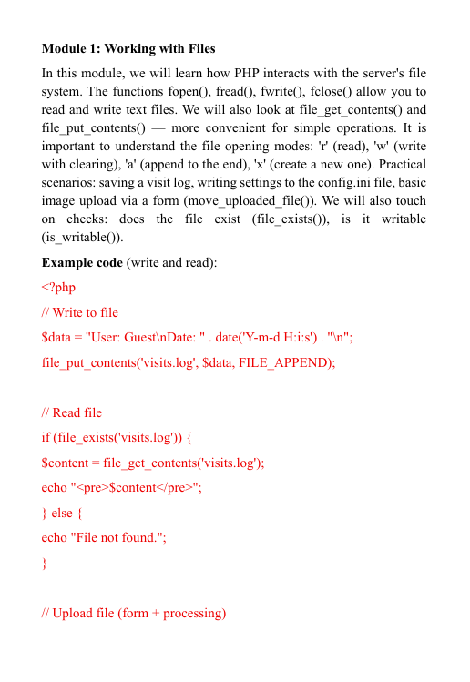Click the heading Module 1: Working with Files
128,47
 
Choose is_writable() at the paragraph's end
80,238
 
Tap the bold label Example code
82,263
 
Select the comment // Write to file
80,312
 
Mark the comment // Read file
72,412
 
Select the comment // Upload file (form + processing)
134,613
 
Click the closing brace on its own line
45,563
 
